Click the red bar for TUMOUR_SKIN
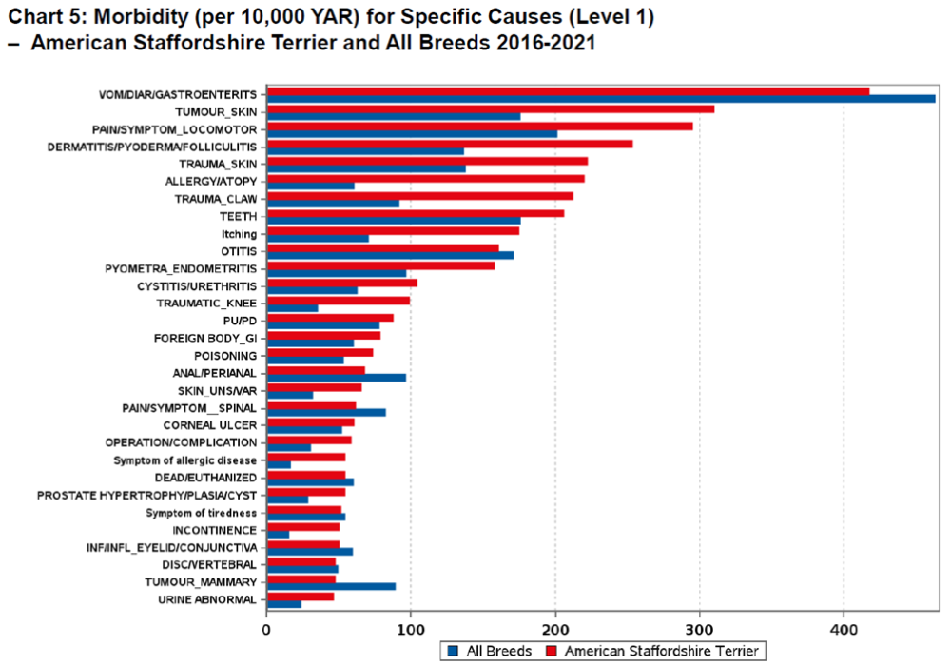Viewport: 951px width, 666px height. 490,108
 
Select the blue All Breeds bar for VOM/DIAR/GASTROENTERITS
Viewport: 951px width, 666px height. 600,99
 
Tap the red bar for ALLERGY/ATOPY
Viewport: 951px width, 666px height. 425,179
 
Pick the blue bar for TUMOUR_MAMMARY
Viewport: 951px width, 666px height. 331,586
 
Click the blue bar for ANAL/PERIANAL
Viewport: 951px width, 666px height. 337,378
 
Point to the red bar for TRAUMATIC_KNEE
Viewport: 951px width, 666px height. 338,301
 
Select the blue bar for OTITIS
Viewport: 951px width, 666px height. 390,255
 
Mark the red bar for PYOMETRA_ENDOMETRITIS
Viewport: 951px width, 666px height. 380,265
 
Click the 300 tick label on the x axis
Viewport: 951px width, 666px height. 700,631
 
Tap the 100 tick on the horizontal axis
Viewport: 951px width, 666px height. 411,631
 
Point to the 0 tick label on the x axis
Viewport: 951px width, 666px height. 267,631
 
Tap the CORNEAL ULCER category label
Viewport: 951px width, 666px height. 209,424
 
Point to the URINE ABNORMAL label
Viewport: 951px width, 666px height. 206,599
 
